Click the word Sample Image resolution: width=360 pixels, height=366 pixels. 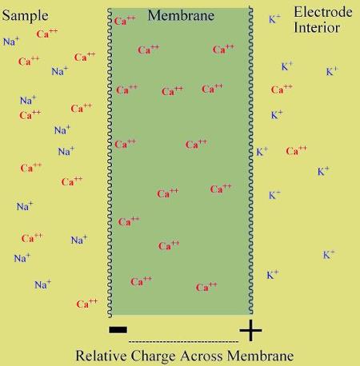click(x=25, y=16)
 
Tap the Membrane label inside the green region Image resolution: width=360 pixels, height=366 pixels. click(x=181, y=15)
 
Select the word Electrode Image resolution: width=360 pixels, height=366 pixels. click(x=323, y=12)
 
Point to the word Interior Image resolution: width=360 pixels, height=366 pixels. click(x=317, y=28)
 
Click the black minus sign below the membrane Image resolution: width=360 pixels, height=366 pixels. click(x=118, y=330)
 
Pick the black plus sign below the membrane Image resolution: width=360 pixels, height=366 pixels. click(x=250, y=330)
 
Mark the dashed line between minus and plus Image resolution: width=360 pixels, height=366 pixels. click(x=183, y=341)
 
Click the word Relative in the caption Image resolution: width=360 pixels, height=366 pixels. click(x=102, y=356)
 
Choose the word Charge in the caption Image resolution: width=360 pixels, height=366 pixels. click(x=154, y=356)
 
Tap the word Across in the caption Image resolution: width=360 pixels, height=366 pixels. click(x=202, y=356)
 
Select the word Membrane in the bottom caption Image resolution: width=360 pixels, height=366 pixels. click(x=261, y=356)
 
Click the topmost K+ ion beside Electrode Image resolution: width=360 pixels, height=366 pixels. click(x=274, y=19)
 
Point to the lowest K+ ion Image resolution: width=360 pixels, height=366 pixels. click(x=273, y=275)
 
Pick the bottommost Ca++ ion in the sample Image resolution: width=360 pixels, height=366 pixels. click(x=87, y=304)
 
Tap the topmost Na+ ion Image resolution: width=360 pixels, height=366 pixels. click(x=11, y=42)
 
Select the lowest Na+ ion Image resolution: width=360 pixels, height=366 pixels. click(x=42, y=284)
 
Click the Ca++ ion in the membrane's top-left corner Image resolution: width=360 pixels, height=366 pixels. click(x=125, y=21)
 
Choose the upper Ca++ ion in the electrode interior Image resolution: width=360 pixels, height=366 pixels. click(x=282, y=90)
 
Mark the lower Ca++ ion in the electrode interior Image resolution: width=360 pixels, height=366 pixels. click(x=297, y=151)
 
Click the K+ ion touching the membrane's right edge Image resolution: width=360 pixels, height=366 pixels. click(x=262, y=152)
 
